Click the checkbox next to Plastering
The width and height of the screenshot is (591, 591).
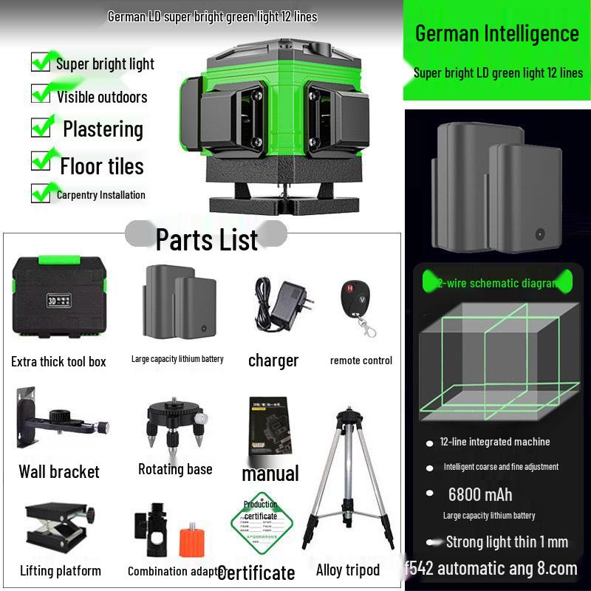coord(41,127)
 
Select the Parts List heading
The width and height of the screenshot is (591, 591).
coord(206,239)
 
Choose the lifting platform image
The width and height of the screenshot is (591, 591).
coord(59,529)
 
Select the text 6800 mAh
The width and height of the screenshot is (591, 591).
coord(479,494)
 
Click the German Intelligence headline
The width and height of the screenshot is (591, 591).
coord(496,33)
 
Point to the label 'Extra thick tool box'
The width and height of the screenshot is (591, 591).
coord(58,361)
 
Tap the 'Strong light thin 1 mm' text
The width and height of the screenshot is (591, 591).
coord(507,542)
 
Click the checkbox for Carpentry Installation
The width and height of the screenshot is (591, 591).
coord(41,194)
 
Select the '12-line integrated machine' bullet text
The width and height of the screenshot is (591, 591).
coord(494,442)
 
